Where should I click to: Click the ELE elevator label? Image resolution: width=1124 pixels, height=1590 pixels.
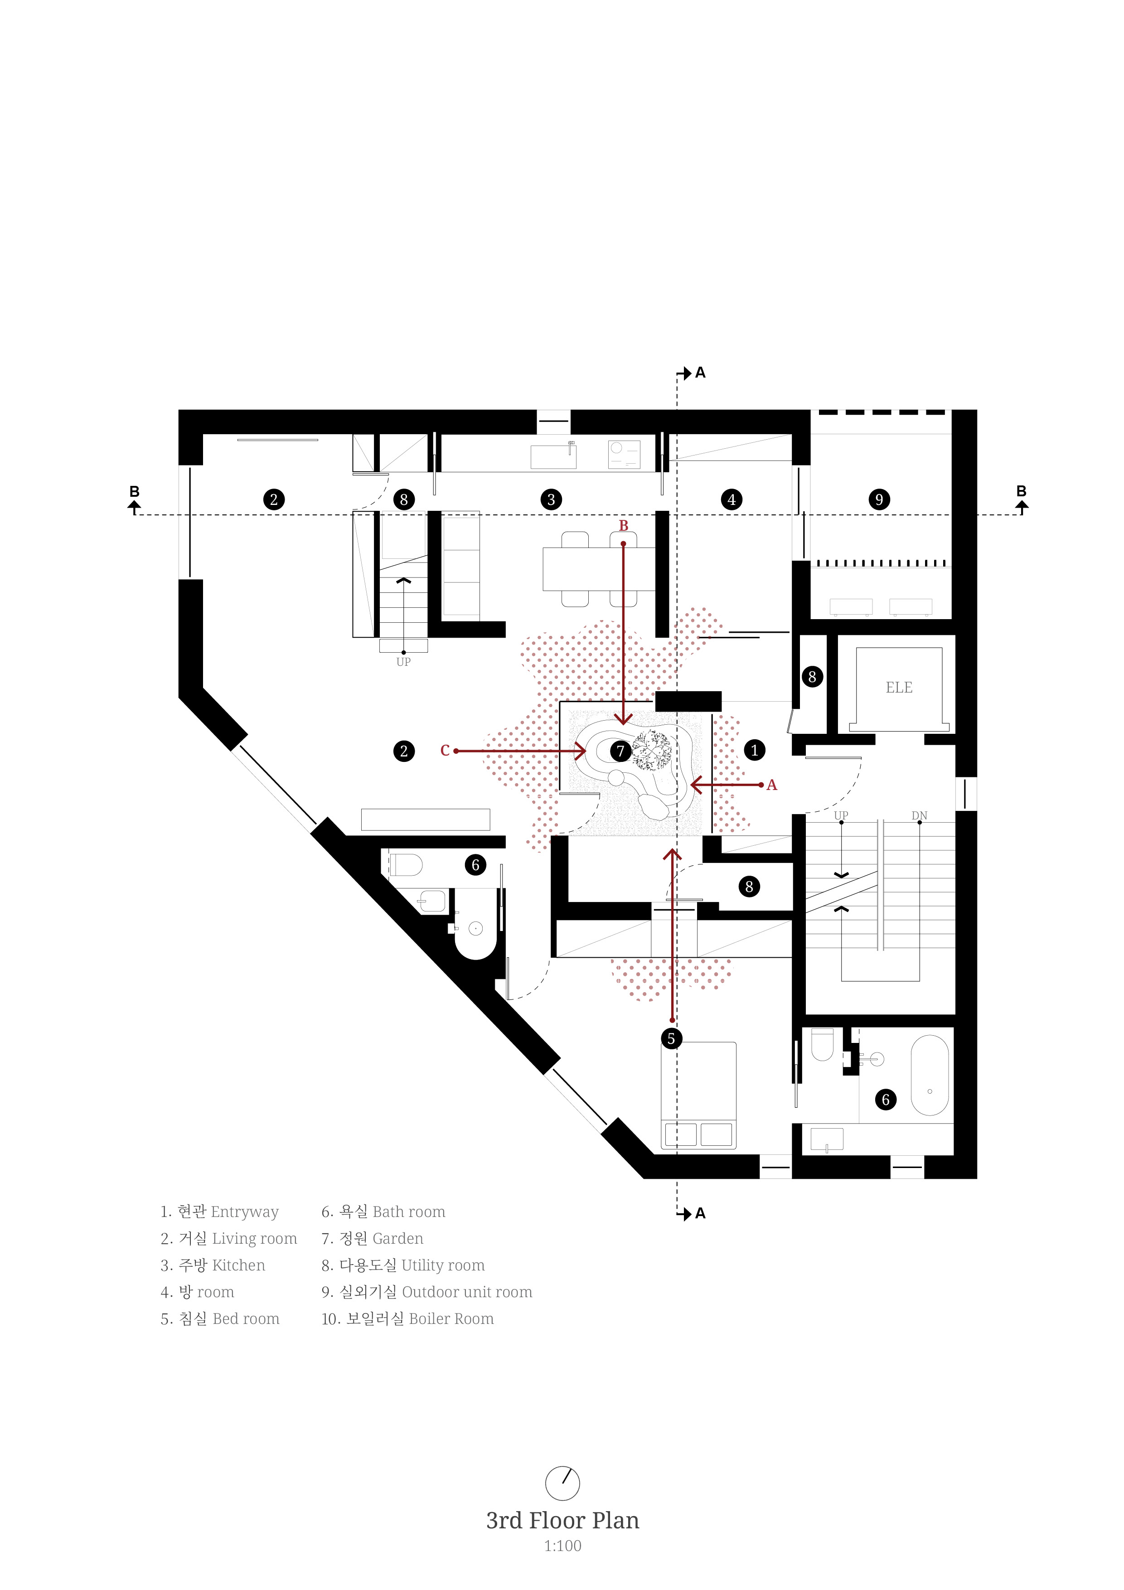pyautogui.click(x=898, y=688)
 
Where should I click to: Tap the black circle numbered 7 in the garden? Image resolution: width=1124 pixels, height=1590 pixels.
pyautogui.click(x=620, y=751)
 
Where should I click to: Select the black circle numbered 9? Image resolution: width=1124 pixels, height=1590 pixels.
pyautogui.click(x=879, y=499)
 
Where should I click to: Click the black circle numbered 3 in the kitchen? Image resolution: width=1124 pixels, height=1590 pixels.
pyautogui.click(x=551, y=499)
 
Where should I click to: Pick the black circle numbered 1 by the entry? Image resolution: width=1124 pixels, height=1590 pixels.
pyautogui.click(x=754, y=750)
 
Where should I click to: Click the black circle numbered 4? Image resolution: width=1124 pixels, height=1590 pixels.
pyautogui.click(x=732, y=499)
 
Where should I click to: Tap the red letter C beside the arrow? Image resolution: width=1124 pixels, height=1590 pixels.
pyautogui.click(x=445, y=751)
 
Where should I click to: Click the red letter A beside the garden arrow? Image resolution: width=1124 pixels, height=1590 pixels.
pyautogui.click(x=771, y=785)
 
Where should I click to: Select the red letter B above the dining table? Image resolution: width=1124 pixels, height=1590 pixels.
pyautogui.click(x=623, y=526)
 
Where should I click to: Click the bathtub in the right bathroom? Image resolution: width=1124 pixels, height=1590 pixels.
pyautogui.click(x=930, y=1076)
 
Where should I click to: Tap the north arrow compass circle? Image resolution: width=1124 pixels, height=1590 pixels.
pyautogui.click(x=562, y=1483)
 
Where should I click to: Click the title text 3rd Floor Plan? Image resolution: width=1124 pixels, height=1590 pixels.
pyautogui.click(x=562, y=1520)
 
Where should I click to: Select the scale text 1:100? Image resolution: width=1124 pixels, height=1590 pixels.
pyautogui.click(x=562, y=1546)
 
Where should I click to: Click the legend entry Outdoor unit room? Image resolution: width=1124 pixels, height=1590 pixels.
pyautogui.click(x=467, y=1292)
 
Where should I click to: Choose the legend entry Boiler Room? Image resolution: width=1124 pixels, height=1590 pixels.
pyautogui.click(x=451, y=1319)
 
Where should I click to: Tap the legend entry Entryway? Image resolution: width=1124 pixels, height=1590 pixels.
pyautogui.click(x=244, y=1212)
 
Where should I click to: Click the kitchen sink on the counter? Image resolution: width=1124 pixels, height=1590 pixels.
pyautogui.click(x=553, y=456)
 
